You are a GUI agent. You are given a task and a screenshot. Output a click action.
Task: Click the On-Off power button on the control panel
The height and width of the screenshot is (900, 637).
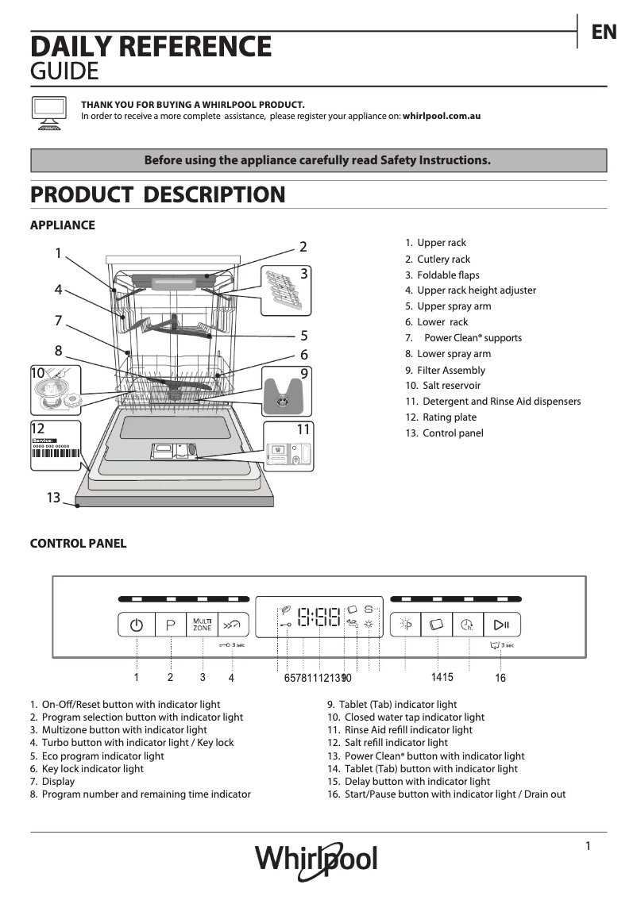coord(137,625)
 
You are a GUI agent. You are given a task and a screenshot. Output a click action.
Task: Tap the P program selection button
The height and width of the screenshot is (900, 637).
coord(170,625)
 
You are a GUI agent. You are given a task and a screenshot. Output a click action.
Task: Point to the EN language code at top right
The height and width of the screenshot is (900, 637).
coord(604,32)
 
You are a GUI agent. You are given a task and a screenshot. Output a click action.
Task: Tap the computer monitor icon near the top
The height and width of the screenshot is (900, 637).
coord(48,110)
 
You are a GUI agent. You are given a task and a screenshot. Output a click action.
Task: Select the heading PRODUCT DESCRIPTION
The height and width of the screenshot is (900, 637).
coord(157,194)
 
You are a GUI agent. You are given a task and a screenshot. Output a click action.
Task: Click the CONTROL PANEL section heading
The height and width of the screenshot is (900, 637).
coord(78,544)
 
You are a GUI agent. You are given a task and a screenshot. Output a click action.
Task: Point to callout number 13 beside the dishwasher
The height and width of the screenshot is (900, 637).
coord(53,498)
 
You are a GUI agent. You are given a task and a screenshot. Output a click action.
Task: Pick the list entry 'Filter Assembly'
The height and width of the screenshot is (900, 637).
coord(450,370)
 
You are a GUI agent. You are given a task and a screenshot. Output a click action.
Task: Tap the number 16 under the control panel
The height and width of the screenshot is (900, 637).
coord(500,678)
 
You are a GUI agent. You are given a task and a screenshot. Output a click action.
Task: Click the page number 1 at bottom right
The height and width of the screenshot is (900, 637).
coord(588,846)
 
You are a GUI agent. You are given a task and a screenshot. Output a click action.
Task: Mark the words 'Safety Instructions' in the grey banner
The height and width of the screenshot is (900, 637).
coord(435,160)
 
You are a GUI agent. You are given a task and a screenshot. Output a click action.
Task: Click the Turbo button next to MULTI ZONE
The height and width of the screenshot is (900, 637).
coord(232,625)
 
